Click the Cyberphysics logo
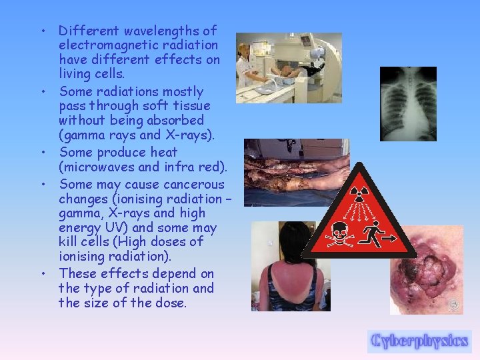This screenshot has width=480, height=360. point(419,341)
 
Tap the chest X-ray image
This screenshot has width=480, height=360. point(408,103)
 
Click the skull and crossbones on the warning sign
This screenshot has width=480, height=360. point(339,235)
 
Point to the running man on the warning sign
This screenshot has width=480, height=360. point(378,233)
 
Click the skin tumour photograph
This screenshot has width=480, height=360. point(426,270)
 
